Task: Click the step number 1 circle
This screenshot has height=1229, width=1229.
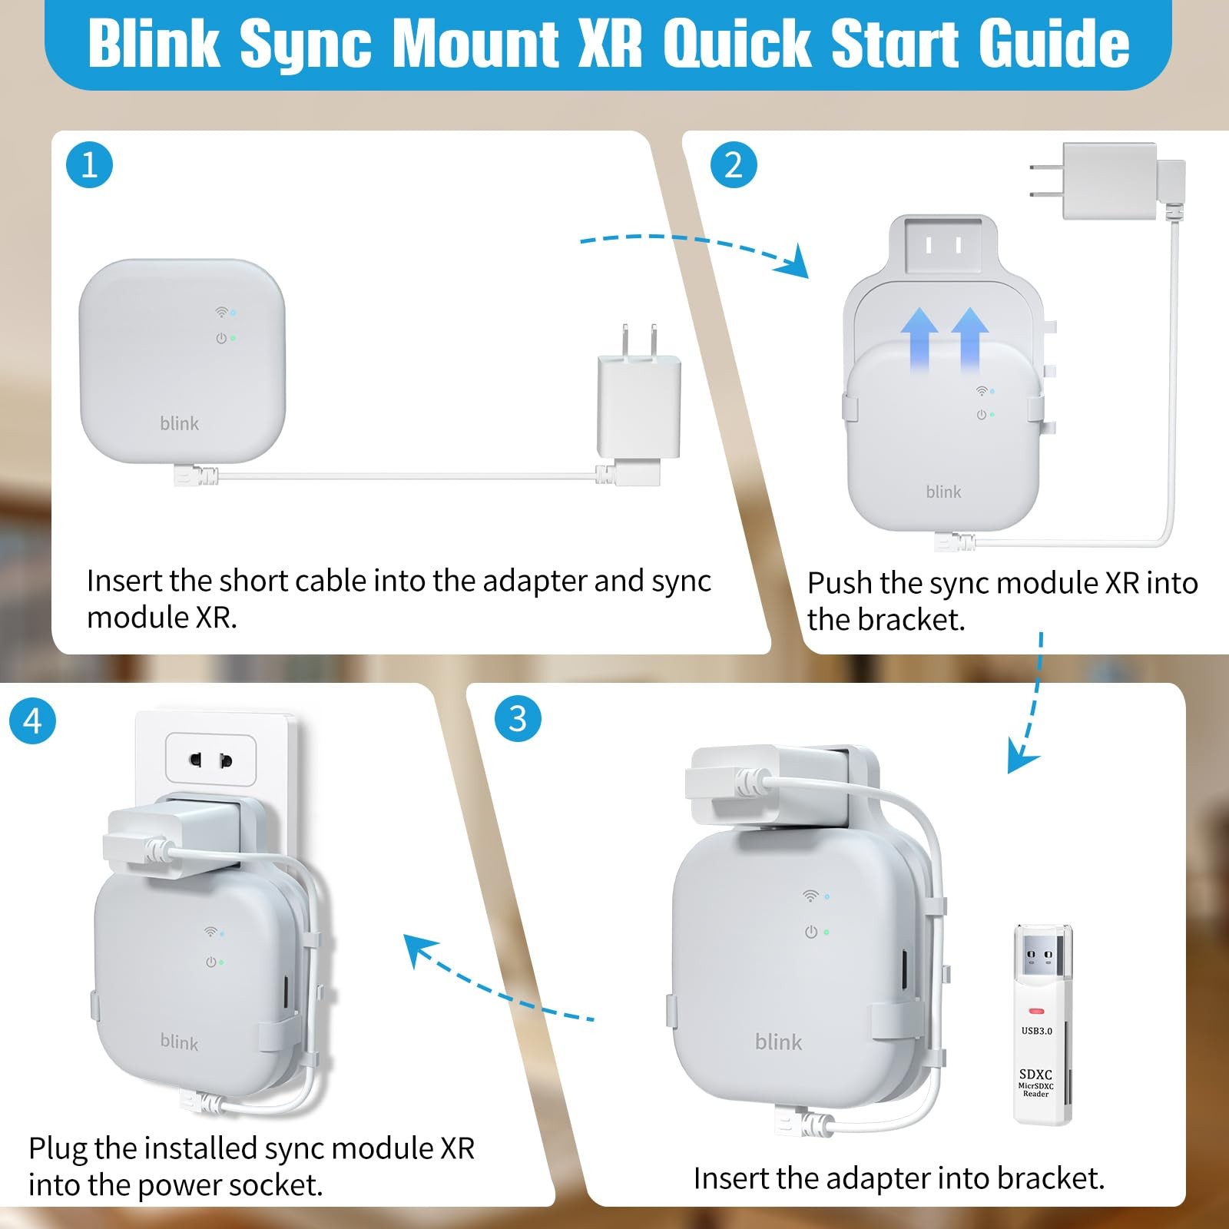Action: point(89,165)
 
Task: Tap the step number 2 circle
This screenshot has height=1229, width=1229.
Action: point(734,165)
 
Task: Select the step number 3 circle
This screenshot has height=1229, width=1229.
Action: point(518,719)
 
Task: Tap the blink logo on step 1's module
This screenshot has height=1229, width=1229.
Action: point(179,423)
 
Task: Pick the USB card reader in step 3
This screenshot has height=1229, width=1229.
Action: point(1042,1025)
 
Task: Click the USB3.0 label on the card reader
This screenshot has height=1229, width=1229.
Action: point(1037,1031)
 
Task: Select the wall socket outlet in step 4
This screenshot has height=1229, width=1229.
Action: point(211,760)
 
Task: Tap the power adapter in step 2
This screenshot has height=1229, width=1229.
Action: point(1107,182)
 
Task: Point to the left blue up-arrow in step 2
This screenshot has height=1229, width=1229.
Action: point(919,339)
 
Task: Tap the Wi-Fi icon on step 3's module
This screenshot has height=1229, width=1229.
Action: point(810,896)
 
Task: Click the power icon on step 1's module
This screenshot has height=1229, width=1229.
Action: point(221,338)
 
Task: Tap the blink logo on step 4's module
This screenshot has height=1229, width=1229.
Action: point(179,1042)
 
